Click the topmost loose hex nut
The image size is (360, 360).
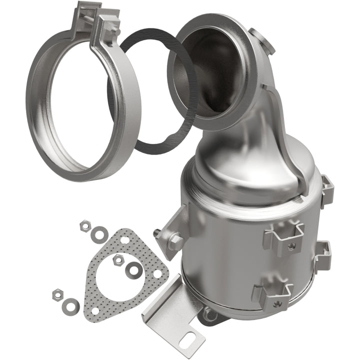[x=84, y=225]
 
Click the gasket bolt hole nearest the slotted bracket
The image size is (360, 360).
[x=159, y=274]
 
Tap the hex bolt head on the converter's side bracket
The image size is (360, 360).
[x=175, y=241]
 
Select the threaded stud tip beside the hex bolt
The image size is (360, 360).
[x=157, y=232]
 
